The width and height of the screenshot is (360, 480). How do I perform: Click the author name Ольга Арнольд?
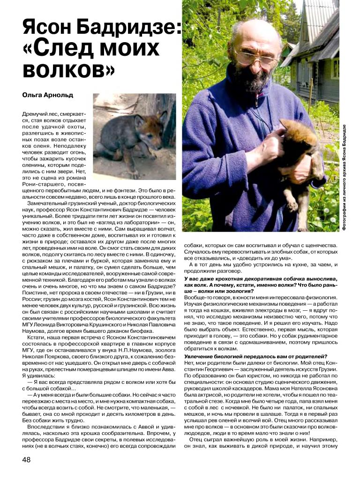tap(47, 95)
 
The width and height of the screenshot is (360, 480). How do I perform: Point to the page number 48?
tap(26, 459)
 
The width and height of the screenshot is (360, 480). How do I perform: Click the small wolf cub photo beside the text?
tap(134, 136)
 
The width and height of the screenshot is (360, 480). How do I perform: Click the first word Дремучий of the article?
tap(36, 114)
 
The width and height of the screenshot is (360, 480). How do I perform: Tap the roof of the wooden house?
tap(323, 28)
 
